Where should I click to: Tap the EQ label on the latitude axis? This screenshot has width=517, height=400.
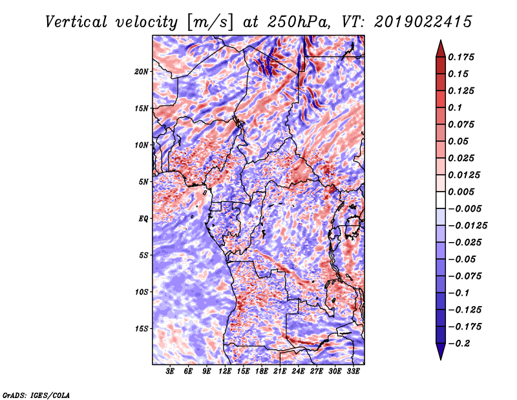pos(143,219)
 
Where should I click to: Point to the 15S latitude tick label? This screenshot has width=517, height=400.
pos(142,329)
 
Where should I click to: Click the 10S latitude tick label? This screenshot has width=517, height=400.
pos(142,292)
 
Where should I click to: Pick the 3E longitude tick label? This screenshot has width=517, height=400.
pos(171,372)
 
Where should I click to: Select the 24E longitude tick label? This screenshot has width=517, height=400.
pos(299,372)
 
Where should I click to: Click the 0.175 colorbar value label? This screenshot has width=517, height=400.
pos(463,57)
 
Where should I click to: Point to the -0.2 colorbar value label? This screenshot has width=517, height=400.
pos(461,344)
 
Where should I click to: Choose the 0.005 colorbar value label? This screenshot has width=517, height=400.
pos(463,192)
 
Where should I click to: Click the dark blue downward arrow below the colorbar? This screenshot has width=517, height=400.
pos(440,353)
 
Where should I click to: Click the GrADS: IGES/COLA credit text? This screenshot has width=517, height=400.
pos(36,395)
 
